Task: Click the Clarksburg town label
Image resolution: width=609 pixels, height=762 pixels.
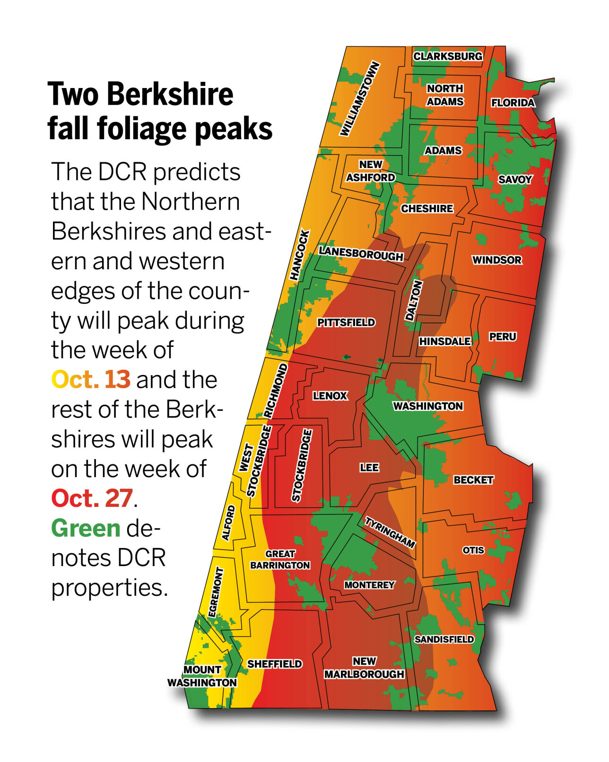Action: [448, 56]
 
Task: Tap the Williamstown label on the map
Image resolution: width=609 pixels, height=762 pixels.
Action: [360, 99]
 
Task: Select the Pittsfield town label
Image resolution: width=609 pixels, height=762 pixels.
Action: [346, 323]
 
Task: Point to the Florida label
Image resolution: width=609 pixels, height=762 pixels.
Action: [513, 103]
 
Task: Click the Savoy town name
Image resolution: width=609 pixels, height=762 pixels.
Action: [514, 179]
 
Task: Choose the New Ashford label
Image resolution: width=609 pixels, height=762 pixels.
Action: [370, 171]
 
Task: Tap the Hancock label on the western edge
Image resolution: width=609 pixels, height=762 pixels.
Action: [300, 255]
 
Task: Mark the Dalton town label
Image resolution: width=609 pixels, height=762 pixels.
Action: [413, 301]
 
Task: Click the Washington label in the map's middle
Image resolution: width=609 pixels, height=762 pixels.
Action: [427, 406]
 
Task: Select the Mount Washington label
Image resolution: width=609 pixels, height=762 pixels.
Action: [202, 676]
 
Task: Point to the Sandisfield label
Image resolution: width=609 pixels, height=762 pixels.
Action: [444, 639]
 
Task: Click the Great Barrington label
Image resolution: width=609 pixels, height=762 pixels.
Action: [280, 559]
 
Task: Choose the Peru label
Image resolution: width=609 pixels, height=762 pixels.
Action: [502, 337]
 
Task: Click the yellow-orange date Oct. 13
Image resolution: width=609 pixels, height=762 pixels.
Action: [90, 380]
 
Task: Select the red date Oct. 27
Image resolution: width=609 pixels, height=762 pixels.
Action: [92, 498]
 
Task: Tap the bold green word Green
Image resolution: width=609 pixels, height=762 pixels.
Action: [86, 528]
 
